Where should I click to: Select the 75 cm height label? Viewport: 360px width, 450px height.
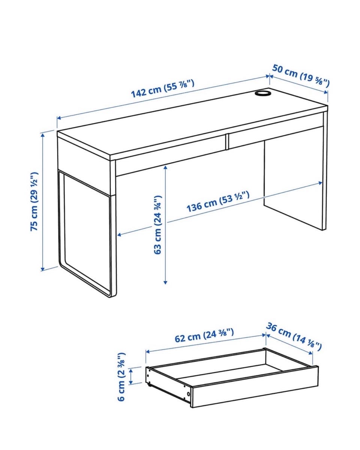34,201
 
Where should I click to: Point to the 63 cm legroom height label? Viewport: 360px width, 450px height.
157,225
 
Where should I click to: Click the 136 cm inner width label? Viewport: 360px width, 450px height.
218,202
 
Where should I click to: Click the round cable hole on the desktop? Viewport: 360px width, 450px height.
262,93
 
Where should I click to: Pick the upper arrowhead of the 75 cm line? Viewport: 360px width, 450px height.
43,135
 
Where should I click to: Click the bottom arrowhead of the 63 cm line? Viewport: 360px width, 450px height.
165,282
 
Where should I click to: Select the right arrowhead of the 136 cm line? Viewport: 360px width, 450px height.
320,183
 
